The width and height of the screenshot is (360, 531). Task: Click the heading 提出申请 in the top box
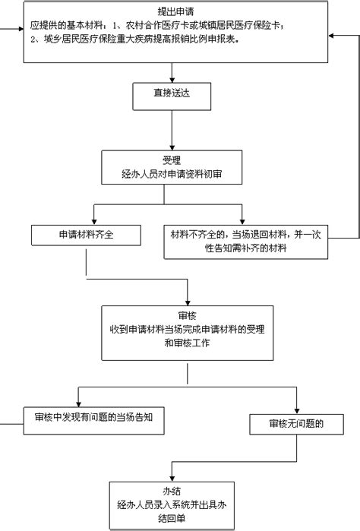(175, 11)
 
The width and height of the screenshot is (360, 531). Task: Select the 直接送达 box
(172, 96)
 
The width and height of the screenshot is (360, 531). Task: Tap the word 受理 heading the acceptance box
(172, 160)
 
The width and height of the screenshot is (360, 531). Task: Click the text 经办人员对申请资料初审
(172, 174)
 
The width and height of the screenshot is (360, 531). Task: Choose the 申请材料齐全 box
(86, 235)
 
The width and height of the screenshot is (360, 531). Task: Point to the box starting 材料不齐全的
(246, 242)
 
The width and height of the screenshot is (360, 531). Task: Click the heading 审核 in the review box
(188, 315)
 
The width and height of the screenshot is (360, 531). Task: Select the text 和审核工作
(188, 343)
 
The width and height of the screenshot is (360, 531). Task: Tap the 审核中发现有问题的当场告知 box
(94, 421)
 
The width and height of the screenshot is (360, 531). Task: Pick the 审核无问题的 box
(297, 424)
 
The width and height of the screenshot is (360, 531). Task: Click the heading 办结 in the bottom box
(172, 491)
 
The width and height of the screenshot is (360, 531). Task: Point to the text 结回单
(172, 519)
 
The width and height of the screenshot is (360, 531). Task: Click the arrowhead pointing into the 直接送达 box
(172, 81)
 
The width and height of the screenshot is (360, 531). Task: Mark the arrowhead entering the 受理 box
(172, 148)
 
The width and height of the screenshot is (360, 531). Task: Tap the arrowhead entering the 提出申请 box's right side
(331, 36)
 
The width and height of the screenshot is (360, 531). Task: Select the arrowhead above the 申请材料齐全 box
(94, 223)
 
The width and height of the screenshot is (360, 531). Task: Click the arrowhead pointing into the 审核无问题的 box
(297, 411)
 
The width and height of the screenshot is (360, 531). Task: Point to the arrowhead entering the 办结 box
(172, 479)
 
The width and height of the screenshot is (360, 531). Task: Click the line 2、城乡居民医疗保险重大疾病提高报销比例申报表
(134, 40)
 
